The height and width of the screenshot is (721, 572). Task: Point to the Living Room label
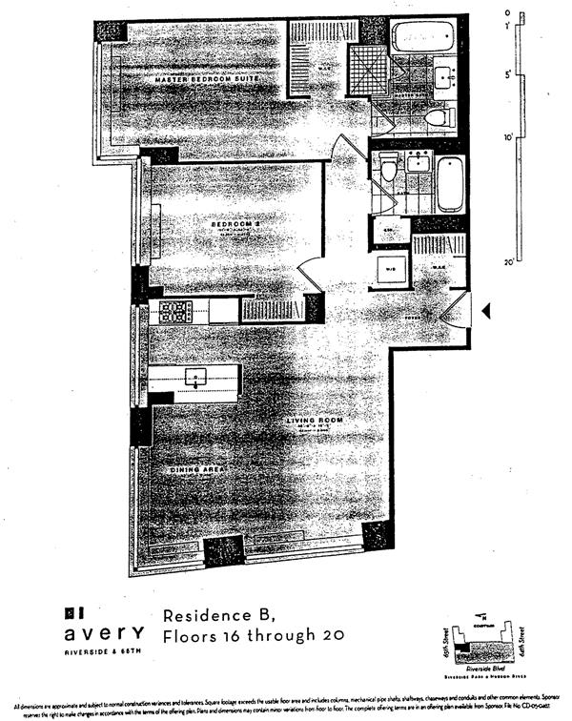(x=316, y=420)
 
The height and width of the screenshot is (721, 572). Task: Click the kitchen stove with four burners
(x=175, y=310)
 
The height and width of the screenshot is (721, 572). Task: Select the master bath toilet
(x=436, y=117)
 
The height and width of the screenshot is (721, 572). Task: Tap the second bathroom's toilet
(x=387, y=171)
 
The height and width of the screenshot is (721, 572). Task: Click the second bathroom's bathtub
(x=450, y=185)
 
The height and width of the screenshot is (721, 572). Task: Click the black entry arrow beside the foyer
(x=484, y=311)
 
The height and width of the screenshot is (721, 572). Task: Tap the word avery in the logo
(x=104, y=634)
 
